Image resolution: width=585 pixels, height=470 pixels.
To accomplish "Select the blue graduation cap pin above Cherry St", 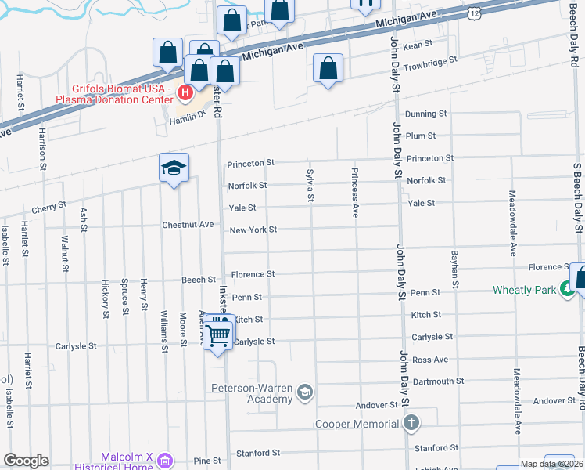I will [x=174, y=168].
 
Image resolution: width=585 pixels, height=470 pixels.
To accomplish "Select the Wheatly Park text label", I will [x=524, y=291].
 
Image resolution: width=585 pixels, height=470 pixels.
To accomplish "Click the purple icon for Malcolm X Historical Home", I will [x=163, y=460].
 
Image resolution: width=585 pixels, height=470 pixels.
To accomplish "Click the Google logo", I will [x=26, y=460].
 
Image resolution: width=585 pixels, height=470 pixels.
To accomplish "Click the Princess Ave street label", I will [x=354, y=191].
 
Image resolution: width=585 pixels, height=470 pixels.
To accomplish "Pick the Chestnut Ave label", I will [x=188, y=225].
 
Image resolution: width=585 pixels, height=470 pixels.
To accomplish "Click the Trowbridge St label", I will [x=429, y=61].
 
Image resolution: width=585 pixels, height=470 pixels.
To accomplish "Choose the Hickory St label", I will [x=104, y=299].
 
